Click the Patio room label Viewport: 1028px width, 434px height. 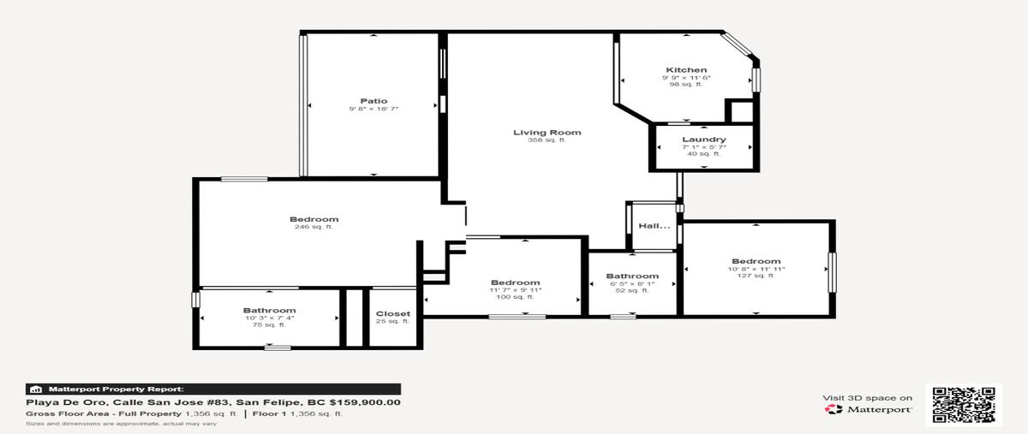(374, 101)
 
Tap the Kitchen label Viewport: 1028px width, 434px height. (686, 70)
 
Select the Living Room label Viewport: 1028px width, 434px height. (547, 132)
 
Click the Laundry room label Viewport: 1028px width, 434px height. (704, 140)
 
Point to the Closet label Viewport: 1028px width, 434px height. (392, 313)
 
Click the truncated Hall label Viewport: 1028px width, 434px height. (654, 226)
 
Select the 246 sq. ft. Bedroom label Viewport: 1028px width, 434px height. (314, 219)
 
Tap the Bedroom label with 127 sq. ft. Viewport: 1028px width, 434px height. (756, 261)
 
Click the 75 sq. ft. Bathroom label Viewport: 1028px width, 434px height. (269, 311)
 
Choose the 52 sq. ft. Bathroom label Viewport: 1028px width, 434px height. (632, 276)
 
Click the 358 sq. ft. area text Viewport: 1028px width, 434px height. (547, 140)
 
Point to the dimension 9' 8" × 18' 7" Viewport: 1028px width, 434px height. (374, 109)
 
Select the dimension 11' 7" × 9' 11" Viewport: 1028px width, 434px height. (515, 290)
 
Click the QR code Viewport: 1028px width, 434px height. (966, 404)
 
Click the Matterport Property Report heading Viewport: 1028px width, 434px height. (116, 389)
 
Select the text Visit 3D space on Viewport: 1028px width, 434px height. (867, 398)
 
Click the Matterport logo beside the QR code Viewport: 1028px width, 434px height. (867, 410)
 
